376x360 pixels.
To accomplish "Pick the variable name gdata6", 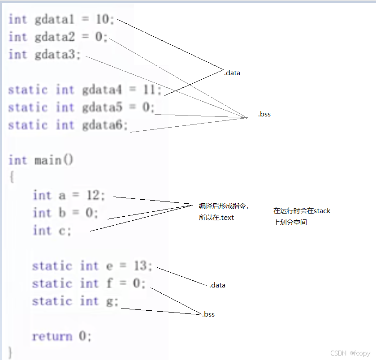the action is pos(102,125).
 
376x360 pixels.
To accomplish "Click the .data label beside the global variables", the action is pos(232,73).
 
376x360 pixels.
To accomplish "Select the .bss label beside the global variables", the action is pos(264,114).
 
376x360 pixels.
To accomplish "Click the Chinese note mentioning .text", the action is pos(223,212).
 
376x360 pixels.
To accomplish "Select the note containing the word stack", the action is pos(302,216).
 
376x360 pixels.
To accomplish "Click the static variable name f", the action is pos(109,283).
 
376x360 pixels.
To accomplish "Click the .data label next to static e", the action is pos(217,285).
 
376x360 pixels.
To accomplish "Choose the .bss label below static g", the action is pos(207,314).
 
